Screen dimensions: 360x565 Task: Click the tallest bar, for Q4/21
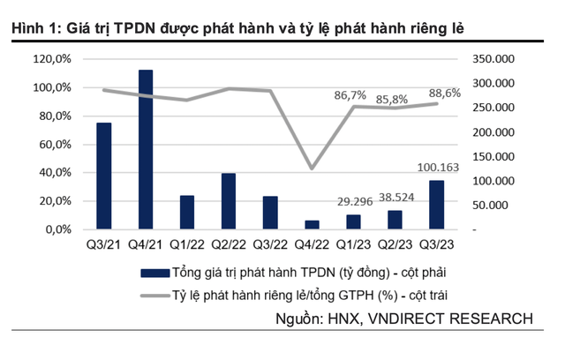tap(146, 149)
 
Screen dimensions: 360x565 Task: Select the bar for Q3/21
tap(104, 176)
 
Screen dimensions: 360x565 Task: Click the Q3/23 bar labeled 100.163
tap(437, 205)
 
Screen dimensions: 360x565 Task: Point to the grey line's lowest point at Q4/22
tap(312, 168)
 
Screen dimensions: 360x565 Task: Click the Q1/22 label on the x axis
tap(187, 244)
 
